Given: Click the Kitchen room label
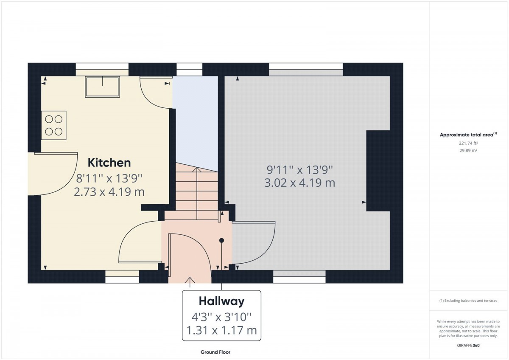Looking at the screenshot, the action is (109, 163).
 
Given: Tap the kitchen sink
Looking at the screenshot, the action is (103, 87).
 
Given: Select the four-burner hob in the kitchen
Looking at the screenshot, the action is (54, 125).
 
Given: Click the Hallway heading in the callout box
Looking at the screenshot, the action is (221, 301).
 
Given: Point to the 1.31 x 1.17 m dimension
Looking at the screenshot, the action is (221, 330).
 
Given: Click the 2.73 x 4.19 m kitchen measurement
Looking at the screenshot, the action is (109, 192).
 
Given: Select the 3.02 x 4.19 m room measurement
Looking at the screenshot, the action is (300, 183).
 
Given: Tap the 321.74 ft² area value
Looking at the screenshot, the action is (468, 143).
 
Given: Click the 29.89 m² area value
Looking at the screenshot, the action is (468, 151).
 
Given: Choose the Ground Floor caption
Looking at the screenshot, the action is (215, 352).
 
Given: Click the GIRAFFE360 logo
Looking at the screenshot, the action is (468, 346).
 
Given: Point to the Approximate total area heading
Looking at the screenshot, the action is (468, 135).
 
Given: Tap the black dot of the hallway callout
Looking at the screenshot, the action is (221, 240).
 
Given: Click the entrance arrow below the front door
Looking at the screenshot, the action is (190, 282).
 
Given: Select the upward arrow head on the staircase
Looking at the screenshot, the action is (197, 170).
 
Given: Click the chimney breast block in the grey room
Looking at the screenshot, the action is (378, 171).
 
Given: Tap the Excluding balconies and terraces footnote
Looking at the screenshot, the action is (468, 301).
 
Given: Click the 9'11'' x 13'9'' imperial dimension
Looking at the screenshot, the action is (300, 170).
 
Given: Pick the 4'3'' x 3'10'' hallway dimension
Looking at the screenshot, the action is (221, 317).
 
